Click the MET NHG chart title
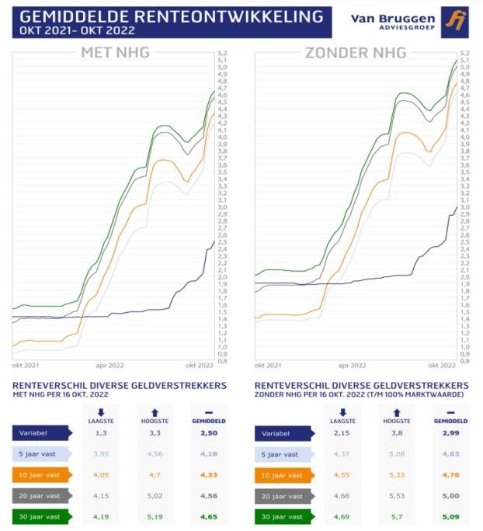tap(116, 54)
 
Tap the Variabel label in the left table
tap(39, 433)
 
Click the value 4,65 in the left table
tap(207, 515)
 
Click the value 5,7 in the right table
tap(396, 515)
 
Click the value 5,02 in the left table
tap(154, 495)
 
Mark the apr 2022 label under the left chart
tap(110, 364)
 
